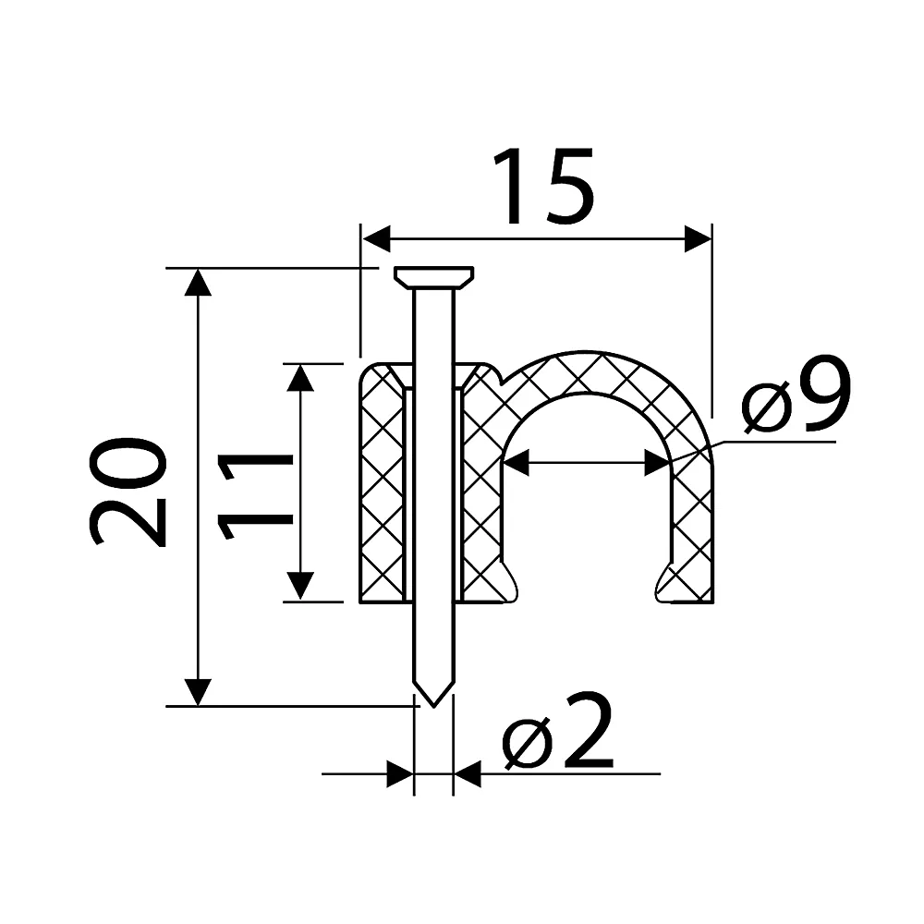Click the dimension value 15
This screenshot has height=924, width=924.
coord(543,187)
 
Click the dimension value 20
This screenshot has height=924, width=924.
coord(128,492)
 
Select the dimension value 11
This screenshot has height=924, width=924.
coord(255,496)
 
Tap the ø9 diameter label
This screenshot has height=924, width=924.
coord(796,394)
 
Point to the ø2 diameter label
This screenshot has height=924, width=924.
coord(557,731)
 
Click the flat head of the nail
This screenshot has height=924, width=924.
coord(433,277)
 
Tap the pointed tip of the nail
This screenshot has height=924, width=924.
coord(433,705)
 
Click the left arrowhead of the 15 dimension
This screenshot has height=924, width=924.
coord(376,238)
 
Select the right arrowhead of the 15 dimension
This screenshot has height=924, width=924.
coord(698,238)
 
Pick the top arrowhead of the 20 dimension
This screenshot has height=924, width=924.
coord(198,282)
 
